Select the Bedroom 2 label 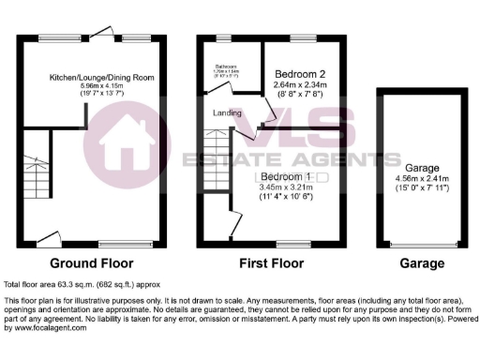298,74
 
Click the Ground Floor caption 91,263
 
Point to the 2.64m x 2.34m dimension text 298,85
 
